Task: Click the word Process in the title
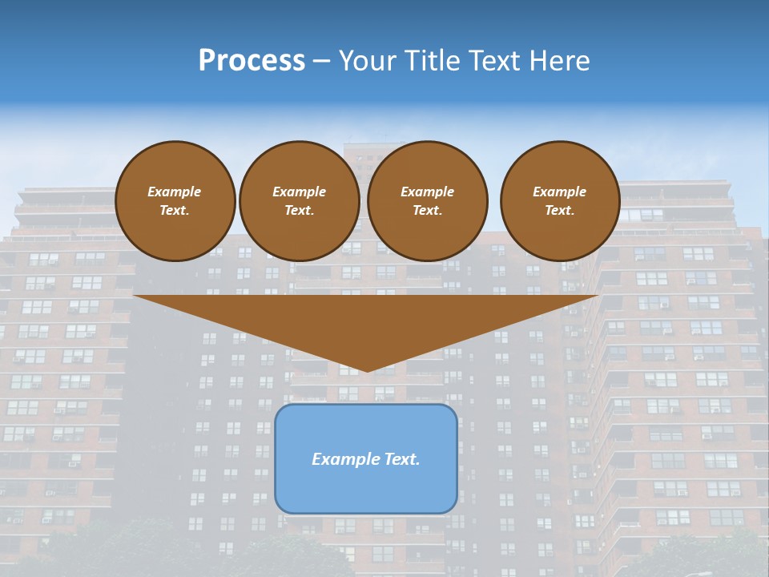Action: pos(252,61)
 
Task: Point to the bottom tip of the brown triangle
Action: pos(367,370)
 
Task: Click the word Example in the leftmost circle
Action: pos(175,192)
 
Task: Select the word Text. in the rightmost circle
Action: pos(560,211)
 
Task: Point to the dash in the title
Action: pos(322,61)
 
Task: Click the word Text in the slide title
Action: pos(493,61)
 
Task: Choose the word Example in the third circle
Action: pos(427,192)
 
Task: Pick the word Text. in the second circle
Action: pos(299,211)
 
